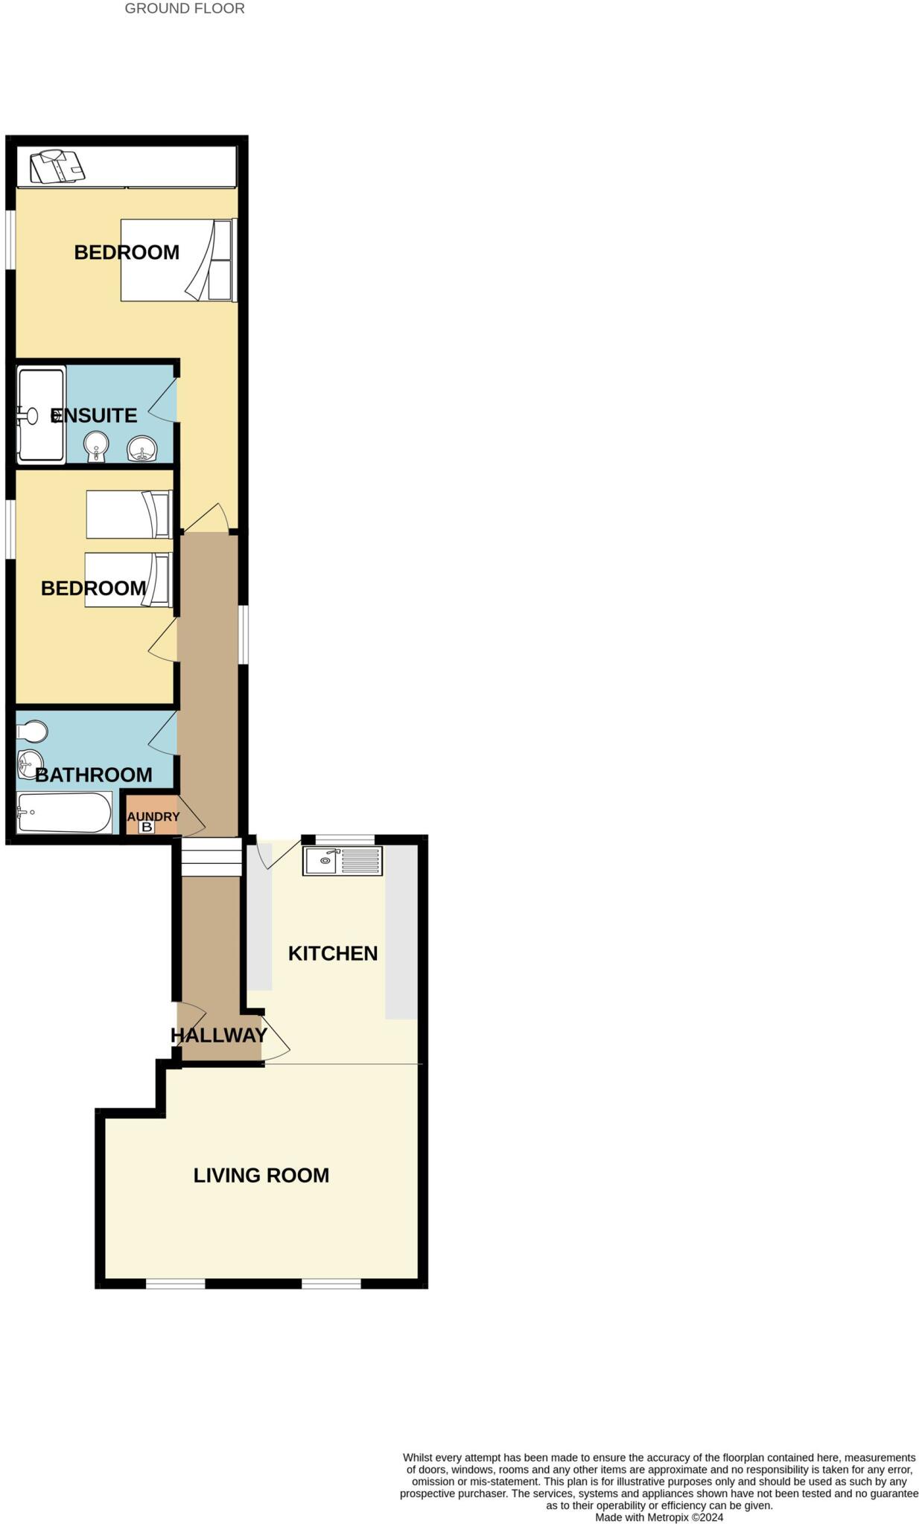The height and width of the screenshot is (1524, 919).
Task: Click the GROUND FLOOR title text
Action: tap(184, 9)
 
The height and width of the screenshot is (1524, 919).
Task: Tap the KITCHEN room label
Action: tap(332, 953)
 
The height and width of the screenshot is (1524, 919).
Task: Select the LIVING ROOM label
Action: tap(261, 1175)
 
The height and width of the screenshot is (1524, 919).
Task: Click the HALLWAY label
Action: tap(218, 1035)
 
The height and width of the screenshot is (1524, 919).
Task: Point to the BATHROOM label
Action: tap(94, 775)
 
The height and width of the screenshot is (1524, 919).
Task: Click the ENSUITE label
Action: tap(94, 415)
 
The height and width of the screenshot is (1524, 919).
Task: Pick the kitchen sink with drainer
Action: tap(343, 861)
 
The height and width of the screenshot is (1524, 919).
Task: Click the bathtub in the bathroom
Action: tap(65, 812)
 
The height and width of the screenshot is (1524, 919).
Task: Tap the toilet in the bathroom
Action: tap(33, 732)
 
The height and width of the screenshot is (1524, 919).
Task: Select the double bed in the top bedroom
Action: tap(177, 260)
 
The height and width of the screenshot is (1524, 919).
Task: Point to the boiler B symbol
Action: tap(147, 827)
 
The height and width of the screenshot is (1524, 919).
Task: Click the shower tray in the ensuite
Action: tap(41, 414)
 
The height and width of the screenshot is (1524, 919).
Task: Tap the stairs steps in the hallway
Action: tap(212, 857)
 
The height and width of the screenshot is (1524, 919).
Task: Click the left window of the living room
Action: tap(175, 1284)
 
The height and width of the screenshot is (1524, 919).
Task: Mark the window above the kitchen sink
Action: tap(345, 840)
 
